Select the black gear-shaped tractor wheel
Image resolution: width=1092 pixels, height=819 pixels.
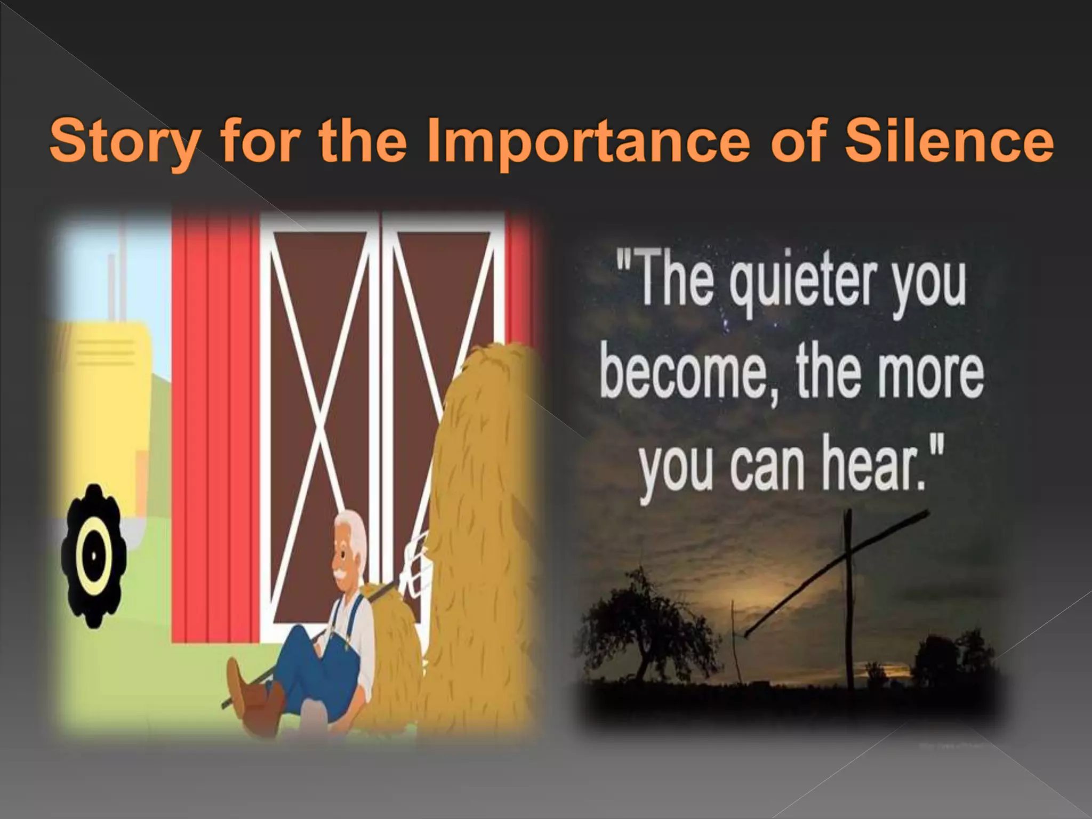[x=94, y=554]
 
